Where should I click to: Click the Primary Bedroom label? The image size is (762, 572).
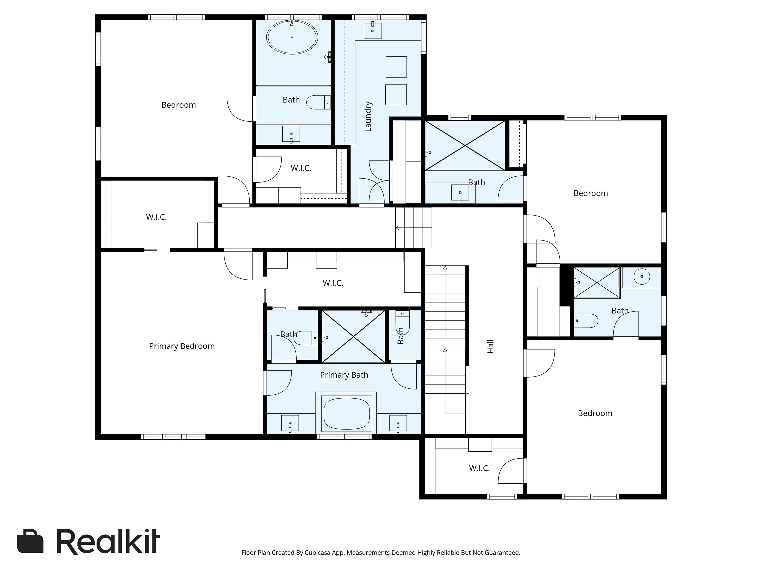182,346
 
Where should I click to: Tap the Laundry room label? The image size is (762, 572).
368,116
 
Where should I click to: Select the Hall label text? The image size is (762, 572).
490,346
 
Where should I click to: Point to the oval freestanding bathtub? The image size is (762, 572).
292,37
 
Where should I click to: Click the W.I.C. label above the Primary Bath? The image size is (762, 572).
333,283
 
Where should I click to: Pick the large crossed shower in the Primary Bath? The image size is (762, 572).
353,336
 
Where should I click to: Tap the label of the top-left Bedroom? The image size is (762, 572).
178,105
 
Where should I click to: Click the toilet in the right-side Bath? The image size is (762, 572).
586,321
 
